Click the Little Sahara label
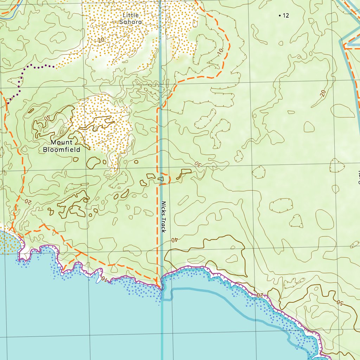click(130, 19)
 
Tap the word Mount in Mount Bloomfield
click(62, 142)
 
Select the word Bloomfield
click(62, 149)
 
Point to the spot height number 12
click(285, 15)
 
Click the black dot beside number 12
click(279, 15)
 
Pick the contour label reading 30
click(198, 164)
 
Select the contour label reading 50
click(339, 302)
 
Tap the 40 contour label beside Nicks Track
click(174, 240)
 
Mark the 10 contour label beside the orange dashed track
click(220, 51)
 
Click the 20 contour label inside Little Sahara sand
click(101, 40)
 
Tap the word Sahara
click(130, 22)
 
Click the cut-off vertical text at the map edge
click(359, 178)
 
